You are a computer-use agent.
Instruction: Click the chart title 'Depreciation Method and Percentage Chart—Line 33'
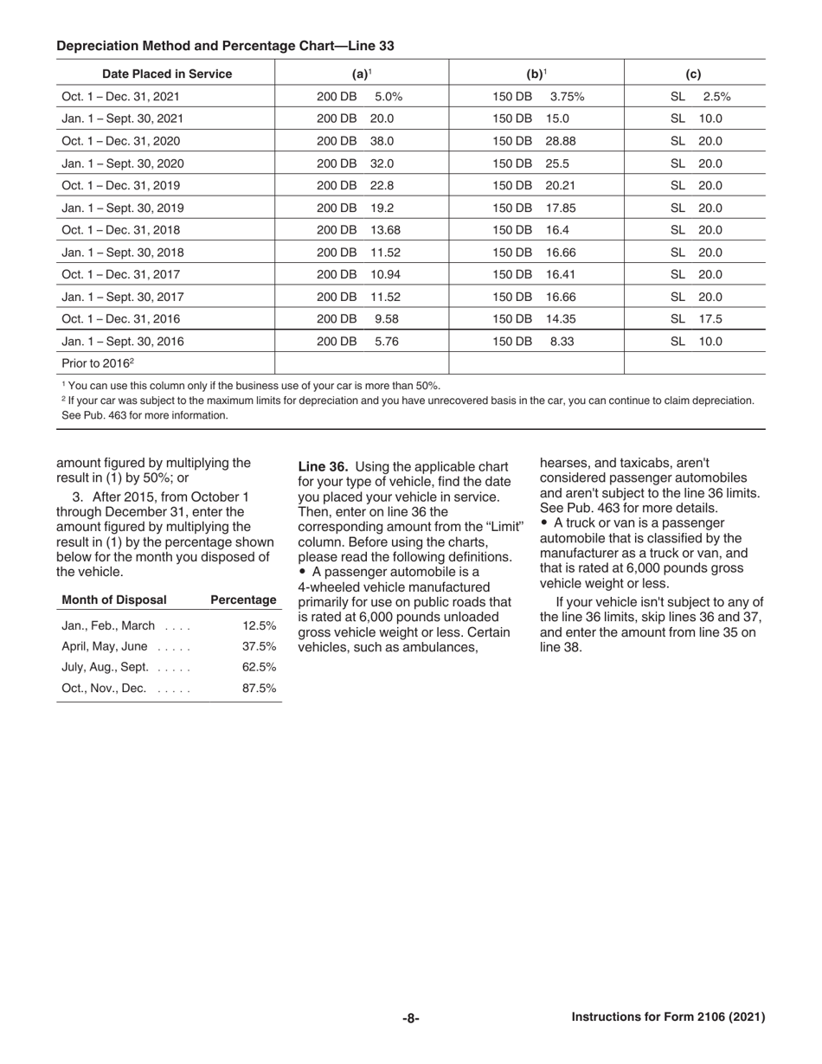pyautogui.click(x=225, y=46)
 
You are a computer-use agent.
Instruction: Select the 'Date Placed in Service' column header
pyautogui.click(x=167, y=74)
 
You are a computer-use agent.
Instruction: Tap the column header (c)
pyautogui.click(x=693, y=74)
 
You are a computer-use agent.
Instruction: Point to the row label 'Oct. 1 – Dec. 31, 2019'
pyautogui.click(x=121, y=186)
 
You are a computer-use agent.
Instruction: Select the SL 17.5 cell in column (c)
pyautogui.click(x=697, y=318)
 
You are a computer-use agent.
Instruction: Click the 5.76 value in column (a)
pyautogui.click(x=386, y=341)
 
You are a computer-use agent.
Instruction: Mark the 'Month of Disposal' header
pyautogui.click(x=114, y=599)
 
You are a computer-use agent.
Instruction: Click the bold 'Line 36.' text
pyautogui.click(x=323, y=467)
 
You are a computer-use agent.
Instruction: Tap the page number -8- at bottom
pyautogui.click(x=411, y=1018)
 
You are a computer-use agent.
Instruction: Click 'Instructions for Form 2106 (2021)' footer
pyautogui.click(x=668, y=1017)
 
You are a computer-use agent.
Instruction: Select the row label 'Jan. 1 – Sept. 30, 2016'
pyautogui.click(x=123, y=341)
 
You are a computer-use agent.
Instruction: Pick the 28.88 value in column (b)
pyautogui.click(x=560, y=141)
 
